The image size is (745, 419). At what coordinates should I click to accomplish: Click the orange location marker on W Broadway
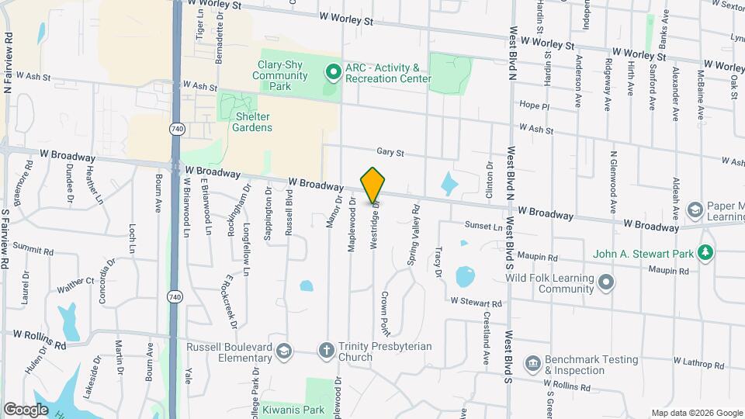coord(373,185)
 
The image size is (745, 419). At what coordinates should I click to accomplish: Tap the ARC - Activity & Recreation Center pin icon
coord(333,74)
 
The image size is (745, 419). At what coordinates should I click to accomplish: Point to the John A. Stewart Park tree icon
coord(705,253)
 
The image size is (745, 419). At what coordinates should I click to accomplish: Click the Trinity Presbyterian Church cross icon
coord(327,351)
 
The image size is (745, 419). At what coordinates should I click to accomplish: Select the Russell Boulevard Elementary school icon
coord(283,352)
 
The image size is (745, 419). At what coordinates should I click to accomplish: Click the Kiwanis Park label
coord(324,410)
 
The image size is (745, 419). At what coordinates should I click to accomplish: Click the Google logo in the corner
coord(26,409)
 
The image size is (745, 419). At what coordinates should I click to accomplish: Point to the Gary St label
coord(390,153)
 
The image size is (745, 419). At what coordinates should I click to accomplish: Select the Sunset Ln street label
coord(483,227)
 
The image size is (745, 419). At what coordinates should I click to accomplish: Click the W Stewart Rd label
coord(476,301)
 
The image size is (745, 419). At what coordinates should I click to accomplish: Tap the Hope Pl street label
coord(534,106)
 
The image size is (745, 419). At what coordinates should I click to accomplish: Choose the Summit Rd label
coord(33,251)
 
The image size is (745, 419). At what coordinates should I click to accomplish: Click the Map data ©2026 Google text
coord(696,412)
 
